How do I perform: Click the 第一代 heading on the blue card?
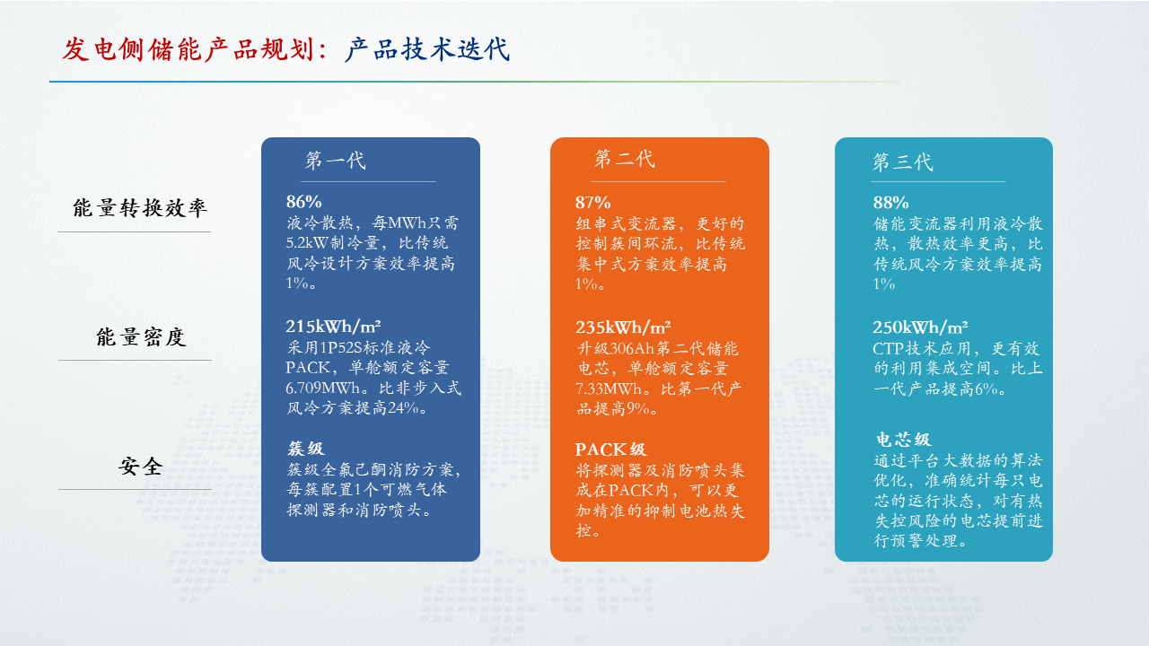pyautogui.click(x=336, y=161)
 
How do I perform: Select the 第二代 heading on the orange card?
pyautogui.click(x=624, y=159)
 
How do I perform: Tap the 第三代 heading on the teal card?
pyautogui.click(x=903, y=161)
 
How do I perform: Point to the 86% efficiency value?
pyautogui.click(x=303, y=202)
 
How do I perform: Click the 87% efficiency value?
pyautogui.click(x=593, y=203)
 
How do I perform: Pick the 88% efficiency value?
pyautogui.click(x=891, y=203)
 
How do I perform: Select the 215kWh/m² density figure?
pyautogui.click(x=333, y=326)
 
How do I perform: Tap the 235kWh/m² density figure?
pyautogui.click(x=623, y=327)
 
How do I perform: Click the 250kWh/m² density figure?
pyautogui.click(x=921, y=327)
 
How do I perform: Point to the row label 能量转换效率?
pyautogui.click(x=139, y=208)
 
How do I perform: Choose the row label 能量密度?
pyautogui.click(x=141, y=337)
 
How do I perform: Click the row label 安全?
pyautogui.click(x=141, y=467)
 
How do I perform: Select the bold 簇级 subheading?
pyautogui.click(x=306, y=449)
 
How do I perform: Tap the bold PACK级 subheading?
pyautogui.click(x=611, y=450)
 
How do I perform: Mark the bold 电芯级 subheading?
pyautogui.click(x=903, y=440)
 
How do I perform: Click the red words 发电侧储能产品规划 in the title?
pyautogui.click(x=189, y=49)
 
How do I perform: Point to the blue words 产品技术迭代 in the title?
pyautogui.click(x=427, y=49)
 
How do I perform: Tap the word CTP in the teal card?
pyautogui.click(x=888, y=349)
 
